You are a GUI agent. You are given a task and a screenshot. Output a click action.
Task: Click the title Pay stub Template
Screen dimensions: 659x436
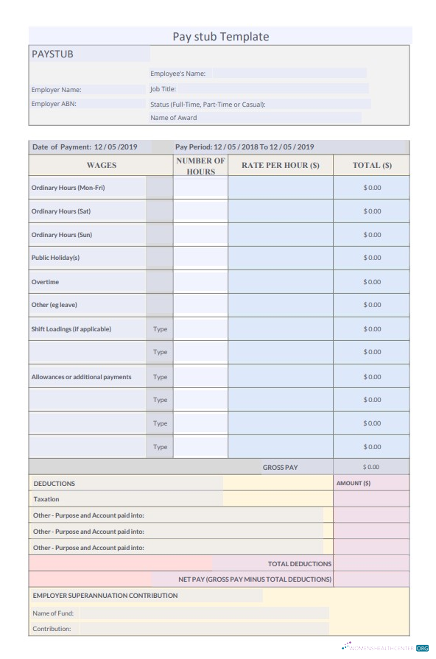[x=220, y=37]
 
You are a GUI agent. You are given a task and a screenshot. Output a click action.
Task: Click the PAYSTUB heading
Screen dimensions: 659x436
[x=52, y=54]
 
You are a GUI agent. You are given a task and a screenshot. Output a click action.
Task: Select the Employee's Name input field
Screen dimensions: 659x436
[x=289, y=74]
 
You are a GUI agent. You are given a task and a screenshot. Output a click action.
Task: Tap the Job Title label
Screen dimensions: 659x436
[x=163, y=89]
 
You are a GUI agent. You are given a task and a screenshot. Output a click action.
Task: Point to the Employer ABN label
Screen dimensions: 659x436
[x=54, y=104]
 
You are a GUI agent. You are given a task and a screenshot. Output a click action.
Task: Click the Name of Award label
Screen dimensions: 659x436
[x=174, y=118]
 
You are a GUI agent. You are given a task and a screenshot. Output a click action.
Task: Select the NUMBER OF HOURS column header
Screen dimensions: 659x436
[x=200, y=166]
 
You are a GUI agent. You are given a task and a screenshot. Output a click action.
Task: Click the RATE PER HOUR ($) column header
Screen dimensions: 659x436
[x=281, y=166]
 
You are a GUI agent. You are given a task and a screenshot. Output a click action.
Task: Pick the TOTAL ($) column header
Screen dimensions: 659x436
[x=372, y=166]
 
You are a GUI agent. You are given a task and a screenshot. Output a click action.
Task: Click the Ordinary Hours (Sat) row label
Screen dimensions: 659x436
[x=61, y=211]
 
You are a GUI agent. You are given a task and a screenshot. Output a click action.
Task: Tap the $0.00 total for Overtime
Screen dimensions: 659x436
[x=372, y=282]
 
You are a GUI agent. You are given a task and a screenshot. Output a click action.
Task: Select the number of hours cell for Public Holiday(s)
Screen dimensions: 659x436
[x=200, y=258]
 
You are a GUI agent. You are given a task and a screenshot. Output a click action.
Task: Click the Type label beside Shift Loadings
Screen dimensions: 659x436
[x=160, y=329]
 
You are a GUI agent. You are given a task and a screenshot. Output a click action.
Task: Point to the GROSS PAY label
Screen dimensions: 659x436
[x=281, y=468]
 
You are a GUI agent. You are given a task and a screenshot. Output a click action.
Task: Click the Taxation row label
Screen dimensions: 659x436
[x=46, y=499]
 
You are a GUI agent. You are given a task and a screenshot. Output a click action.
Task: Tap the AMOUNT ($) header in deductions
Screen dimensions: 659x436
[x=354, y=483]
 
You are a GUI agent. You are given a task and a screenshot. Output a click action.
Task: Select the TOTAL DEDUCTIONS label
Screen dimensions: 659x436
[x=300, y=564]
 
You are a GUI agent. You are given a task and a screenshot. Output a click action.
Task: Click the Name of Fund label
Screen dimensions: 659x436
[x=53, y=613]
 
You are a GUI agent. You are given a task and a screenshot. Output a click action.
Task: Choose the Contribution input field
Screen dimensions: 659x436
[x=203, y=629]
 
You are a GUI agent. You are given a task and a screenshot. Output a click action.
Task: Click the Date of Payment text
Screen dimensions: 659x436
[x=90, y=147]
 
